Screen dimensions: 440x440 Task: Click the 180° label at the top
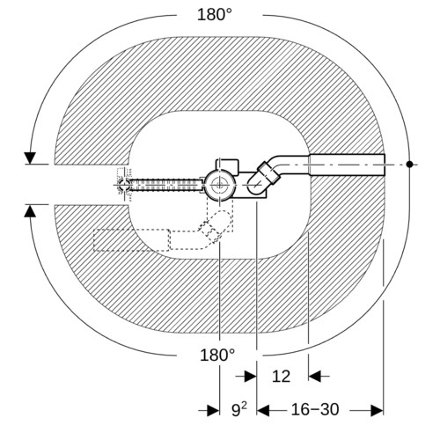click(x=215, y=14)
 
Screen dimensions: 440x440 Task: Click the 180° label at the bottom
click(x=217, y=355)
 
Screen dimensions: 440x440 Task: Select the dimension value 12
click(x=281, y=377)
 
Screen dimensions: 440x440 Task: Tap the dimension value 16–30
click(x=315, y=409)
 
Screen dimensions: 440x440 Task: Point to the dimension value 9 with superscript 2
click(x=239, y=409)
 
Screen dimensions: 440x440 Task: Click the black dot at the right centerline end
click(x=409, y=165)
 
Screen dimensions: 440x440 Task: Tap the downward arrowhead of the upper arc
click(x=30, y=158)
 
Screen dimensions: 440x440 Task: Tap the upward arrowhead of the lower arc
click(x=30, y=211)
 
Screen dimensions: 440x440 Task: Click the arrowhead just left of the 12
click(x=250, y=377)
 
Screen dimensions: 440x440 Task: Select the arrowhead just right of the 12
click(x=315, y=377)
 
